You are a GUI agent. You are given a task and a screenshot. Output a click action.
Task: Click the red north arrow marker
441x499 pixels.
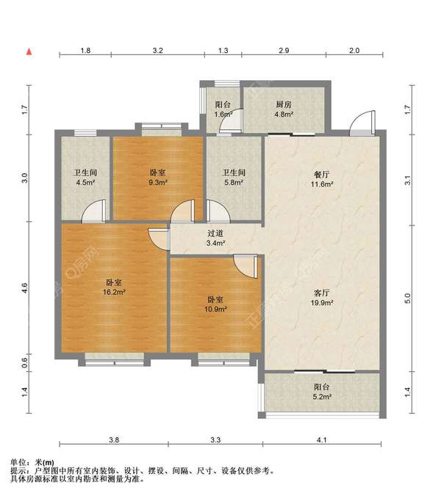click(x=29, y=51)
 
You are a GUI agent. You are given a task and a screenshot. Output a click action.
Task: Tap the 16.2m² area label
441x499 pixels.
click(x=114, y=292)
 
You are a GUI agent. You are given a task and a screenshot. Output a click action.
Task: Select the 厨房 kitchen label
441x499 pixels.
click(x=284, y=104)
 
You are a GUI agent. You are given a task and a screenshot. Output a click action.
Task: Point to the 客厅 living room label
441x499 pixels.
click(x=322, y=292)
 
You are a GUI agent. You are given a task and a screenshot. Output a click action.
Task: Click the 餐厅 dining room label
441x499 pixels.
click(x=322, y=174)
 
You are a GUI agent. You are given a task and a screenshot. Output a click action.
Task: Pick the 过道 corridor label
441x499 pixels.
click(x=215, y=233)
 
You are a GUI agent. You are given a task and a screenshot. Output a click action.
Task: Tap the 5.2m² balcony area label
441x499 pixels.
click(x=323, y=397)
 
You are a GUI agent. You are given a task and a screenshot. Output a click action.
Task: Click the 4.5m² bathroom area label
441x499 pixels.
click(x=85, y=182)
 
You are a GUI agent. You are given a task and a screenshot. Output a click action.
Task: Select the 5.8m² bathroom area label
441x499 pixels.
click(x=234, y=182)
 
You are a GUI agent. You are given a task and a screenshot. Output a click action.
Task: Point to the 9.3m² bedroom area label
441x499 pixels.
click(x=158, y=182)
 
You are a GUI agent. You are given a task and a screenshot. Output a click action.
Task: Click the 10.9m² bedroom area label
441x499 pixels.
click(x=215, y=309)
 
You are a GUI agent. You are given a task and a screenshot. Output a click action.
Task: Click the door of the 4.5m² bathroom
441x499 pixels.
click(x=93, y=211)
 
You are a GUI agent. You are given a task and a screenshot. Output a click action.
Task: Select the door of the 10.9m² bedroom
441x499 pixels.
click(x=245, y=266)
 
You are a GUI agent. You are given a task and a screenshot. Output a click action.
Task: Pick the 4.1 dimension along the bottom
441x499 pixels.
click(x=322, y=439)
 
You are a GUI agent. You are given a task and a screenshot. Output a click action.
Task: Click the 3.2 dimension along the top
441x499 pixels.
click(x=157, y=50)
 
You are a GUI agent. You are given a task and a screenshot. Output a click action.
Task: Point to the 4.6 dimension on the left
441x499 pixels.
click(x=25, y=288)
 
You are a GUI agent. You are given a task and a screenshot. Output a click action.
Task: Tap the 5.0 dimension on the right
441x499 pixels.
click(x=408, y=298)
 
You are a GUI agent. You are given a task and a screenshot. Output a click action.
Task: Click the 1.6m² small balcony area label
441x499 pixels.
click(x=223, y=114)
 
